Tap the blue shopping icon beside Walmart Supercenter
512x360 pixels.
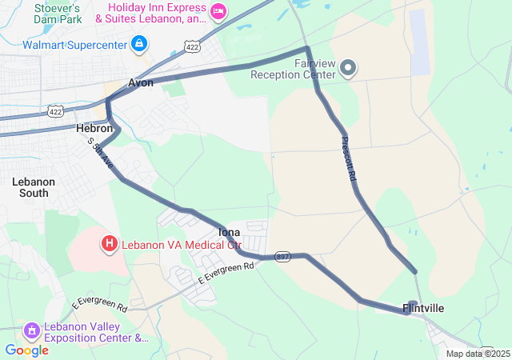(140, 43)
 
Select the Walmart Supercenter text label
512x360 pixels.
(75, 44)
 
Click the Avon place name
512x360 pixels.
(141, 82)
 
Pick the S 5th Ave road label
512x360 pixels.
(102, 154)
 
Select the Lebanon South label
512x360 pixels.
(34, 186)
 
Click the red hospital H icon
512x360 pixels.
(109, 242)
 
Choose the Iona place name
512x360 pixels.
(229, 232)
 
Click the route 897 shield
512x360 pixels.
(282, 258)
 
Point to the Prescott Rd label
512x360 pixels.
(347, 158)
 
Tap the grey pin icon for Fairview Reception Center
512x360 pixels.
(348, 69)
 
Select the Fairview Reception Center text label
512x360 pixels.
(294, 69)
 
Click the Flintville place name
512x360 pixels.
(423, 308)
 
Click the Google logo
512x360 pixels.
(26, 350)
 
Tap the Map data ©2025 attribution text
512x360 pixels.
(477, 354)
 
